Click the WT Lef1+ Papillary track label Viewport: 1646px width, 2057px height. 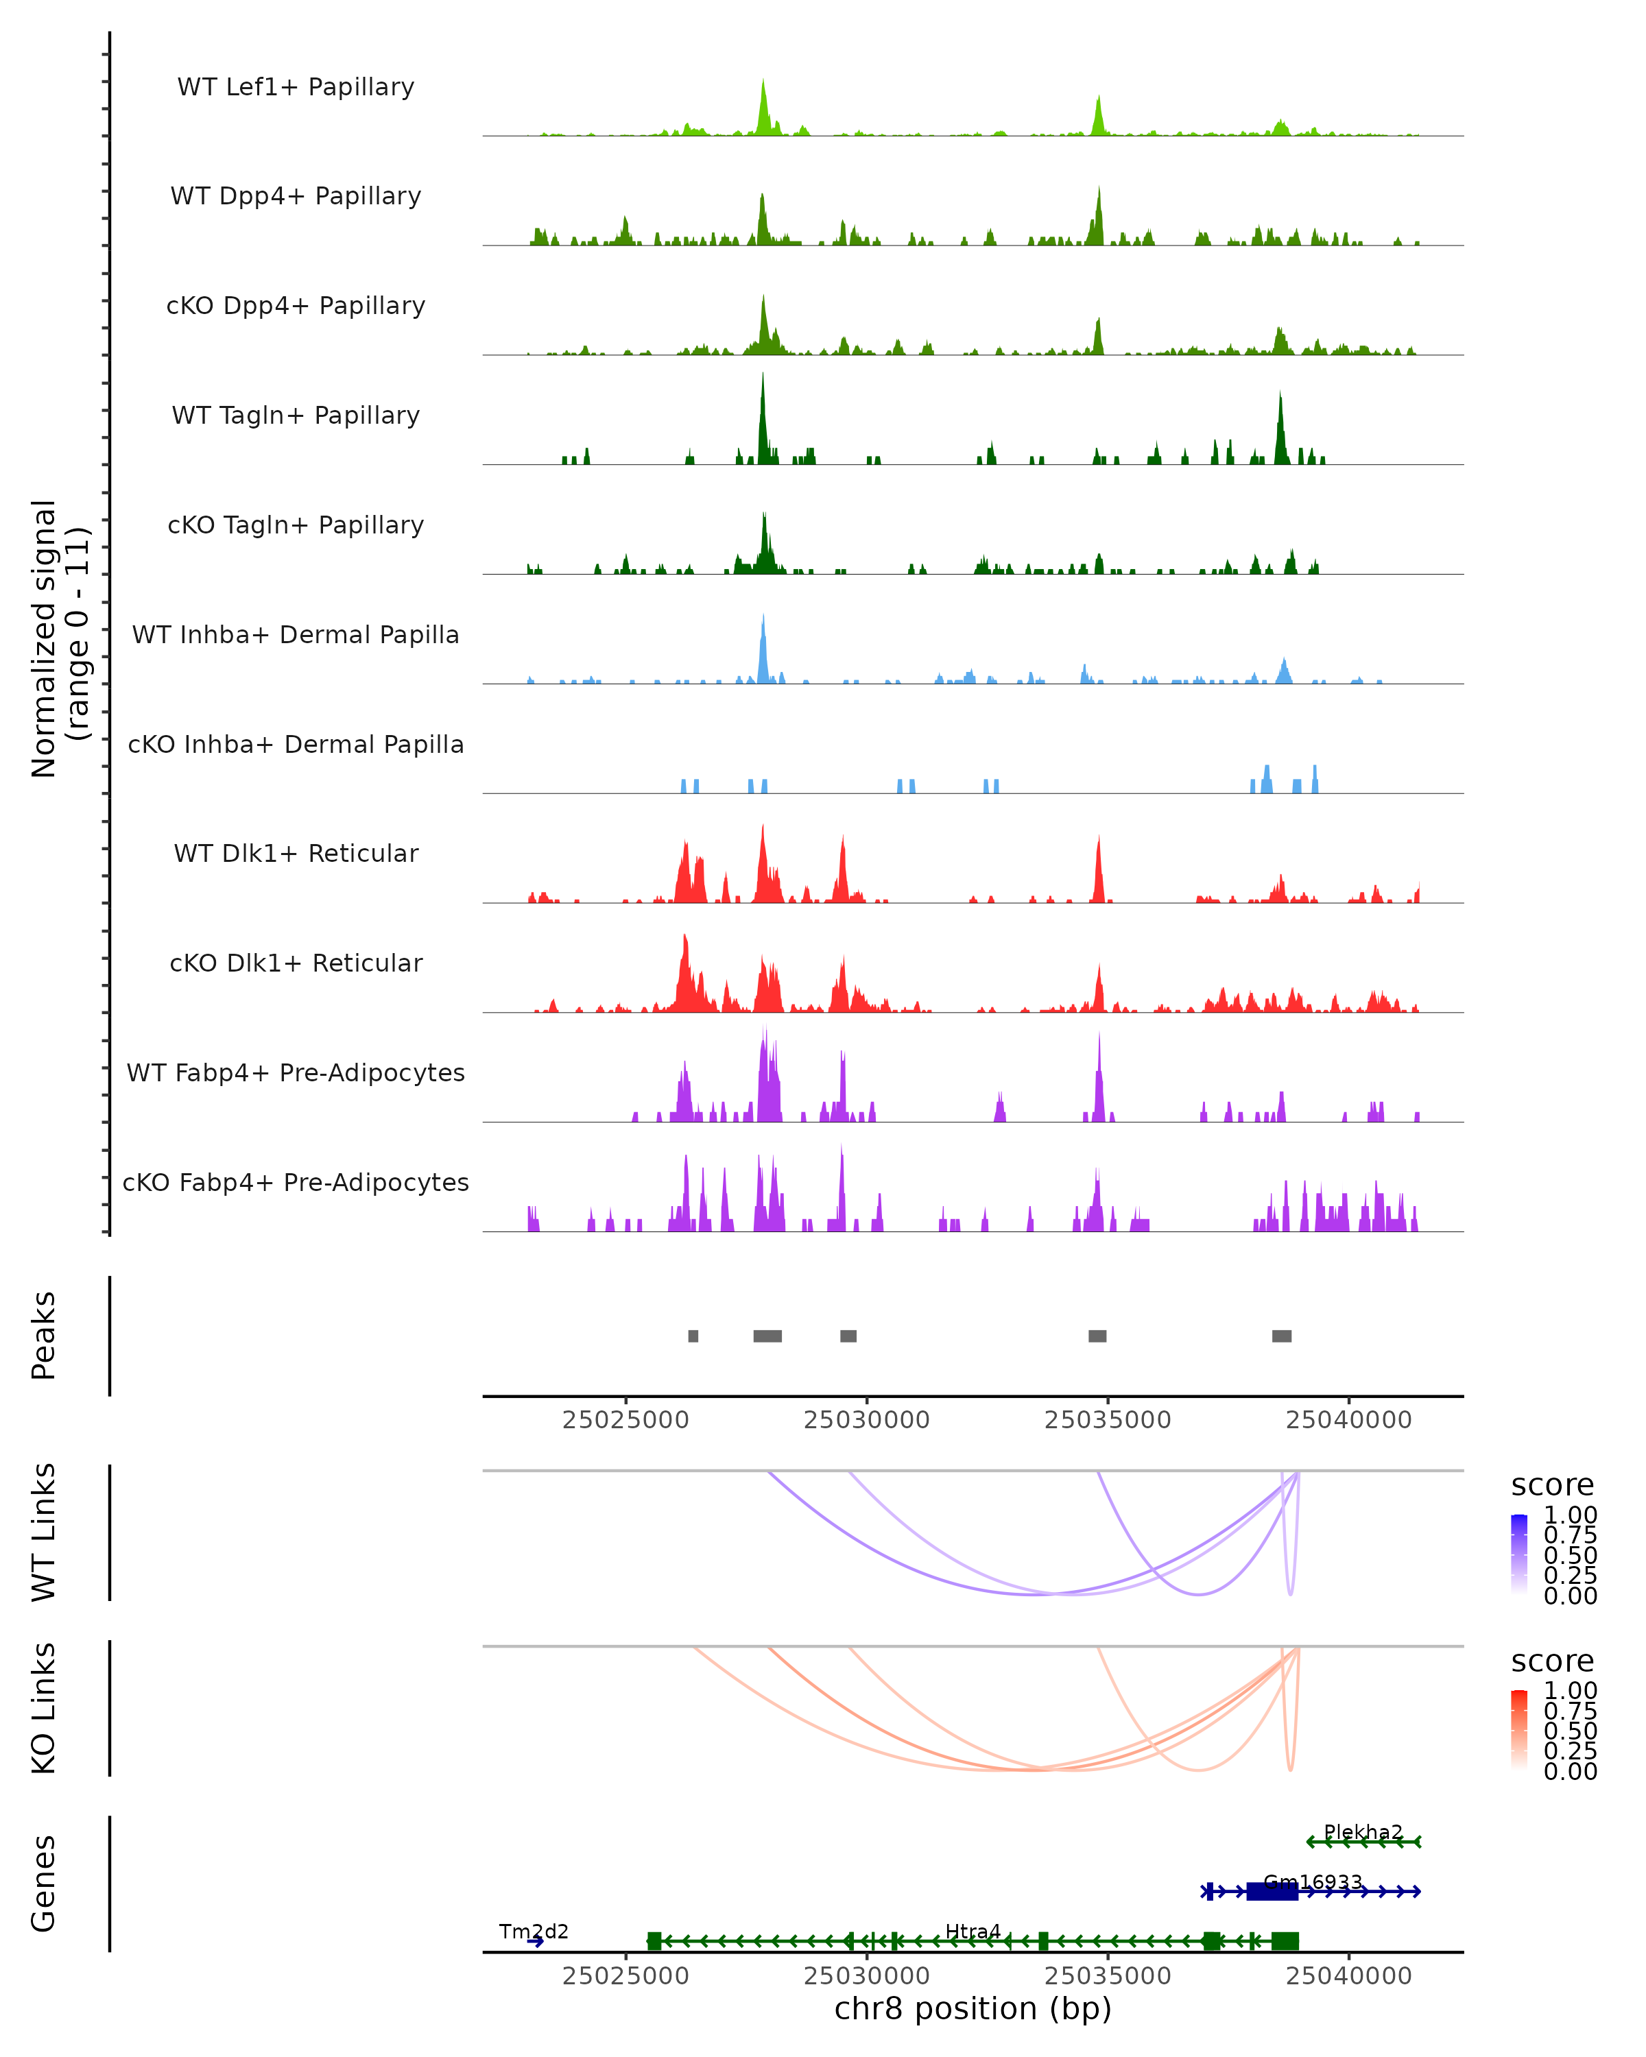tap(296, 87)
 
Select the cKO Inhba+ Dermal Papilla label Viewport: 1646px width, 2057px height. tap(296, 744)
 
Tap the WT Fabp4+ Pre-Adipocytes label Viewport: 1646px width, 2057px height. tap(296, 1072)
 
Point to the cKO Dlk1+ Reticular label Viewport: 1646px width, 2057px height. tap(296, 963)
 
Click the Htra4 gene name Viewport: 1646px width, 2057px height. tap(973, 1931)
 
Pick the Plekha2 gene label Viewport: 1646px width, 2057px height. tap(1363, 1832)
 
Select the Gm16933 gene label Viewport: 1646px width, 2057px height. tap(1312, 1882)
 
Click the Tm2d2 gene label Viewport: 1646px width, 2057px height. tap(534, 1931)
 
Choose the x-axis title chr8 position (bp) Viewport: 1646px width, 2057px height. tap(973, 2009)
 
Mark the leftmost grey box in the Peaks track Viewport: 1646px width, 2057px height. tap(693, 1336)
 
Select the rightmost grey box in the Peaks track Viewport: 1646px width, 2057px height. tap(1282, 1336)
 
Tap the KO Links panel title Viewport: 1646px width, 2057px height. tap(44, 1708)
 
